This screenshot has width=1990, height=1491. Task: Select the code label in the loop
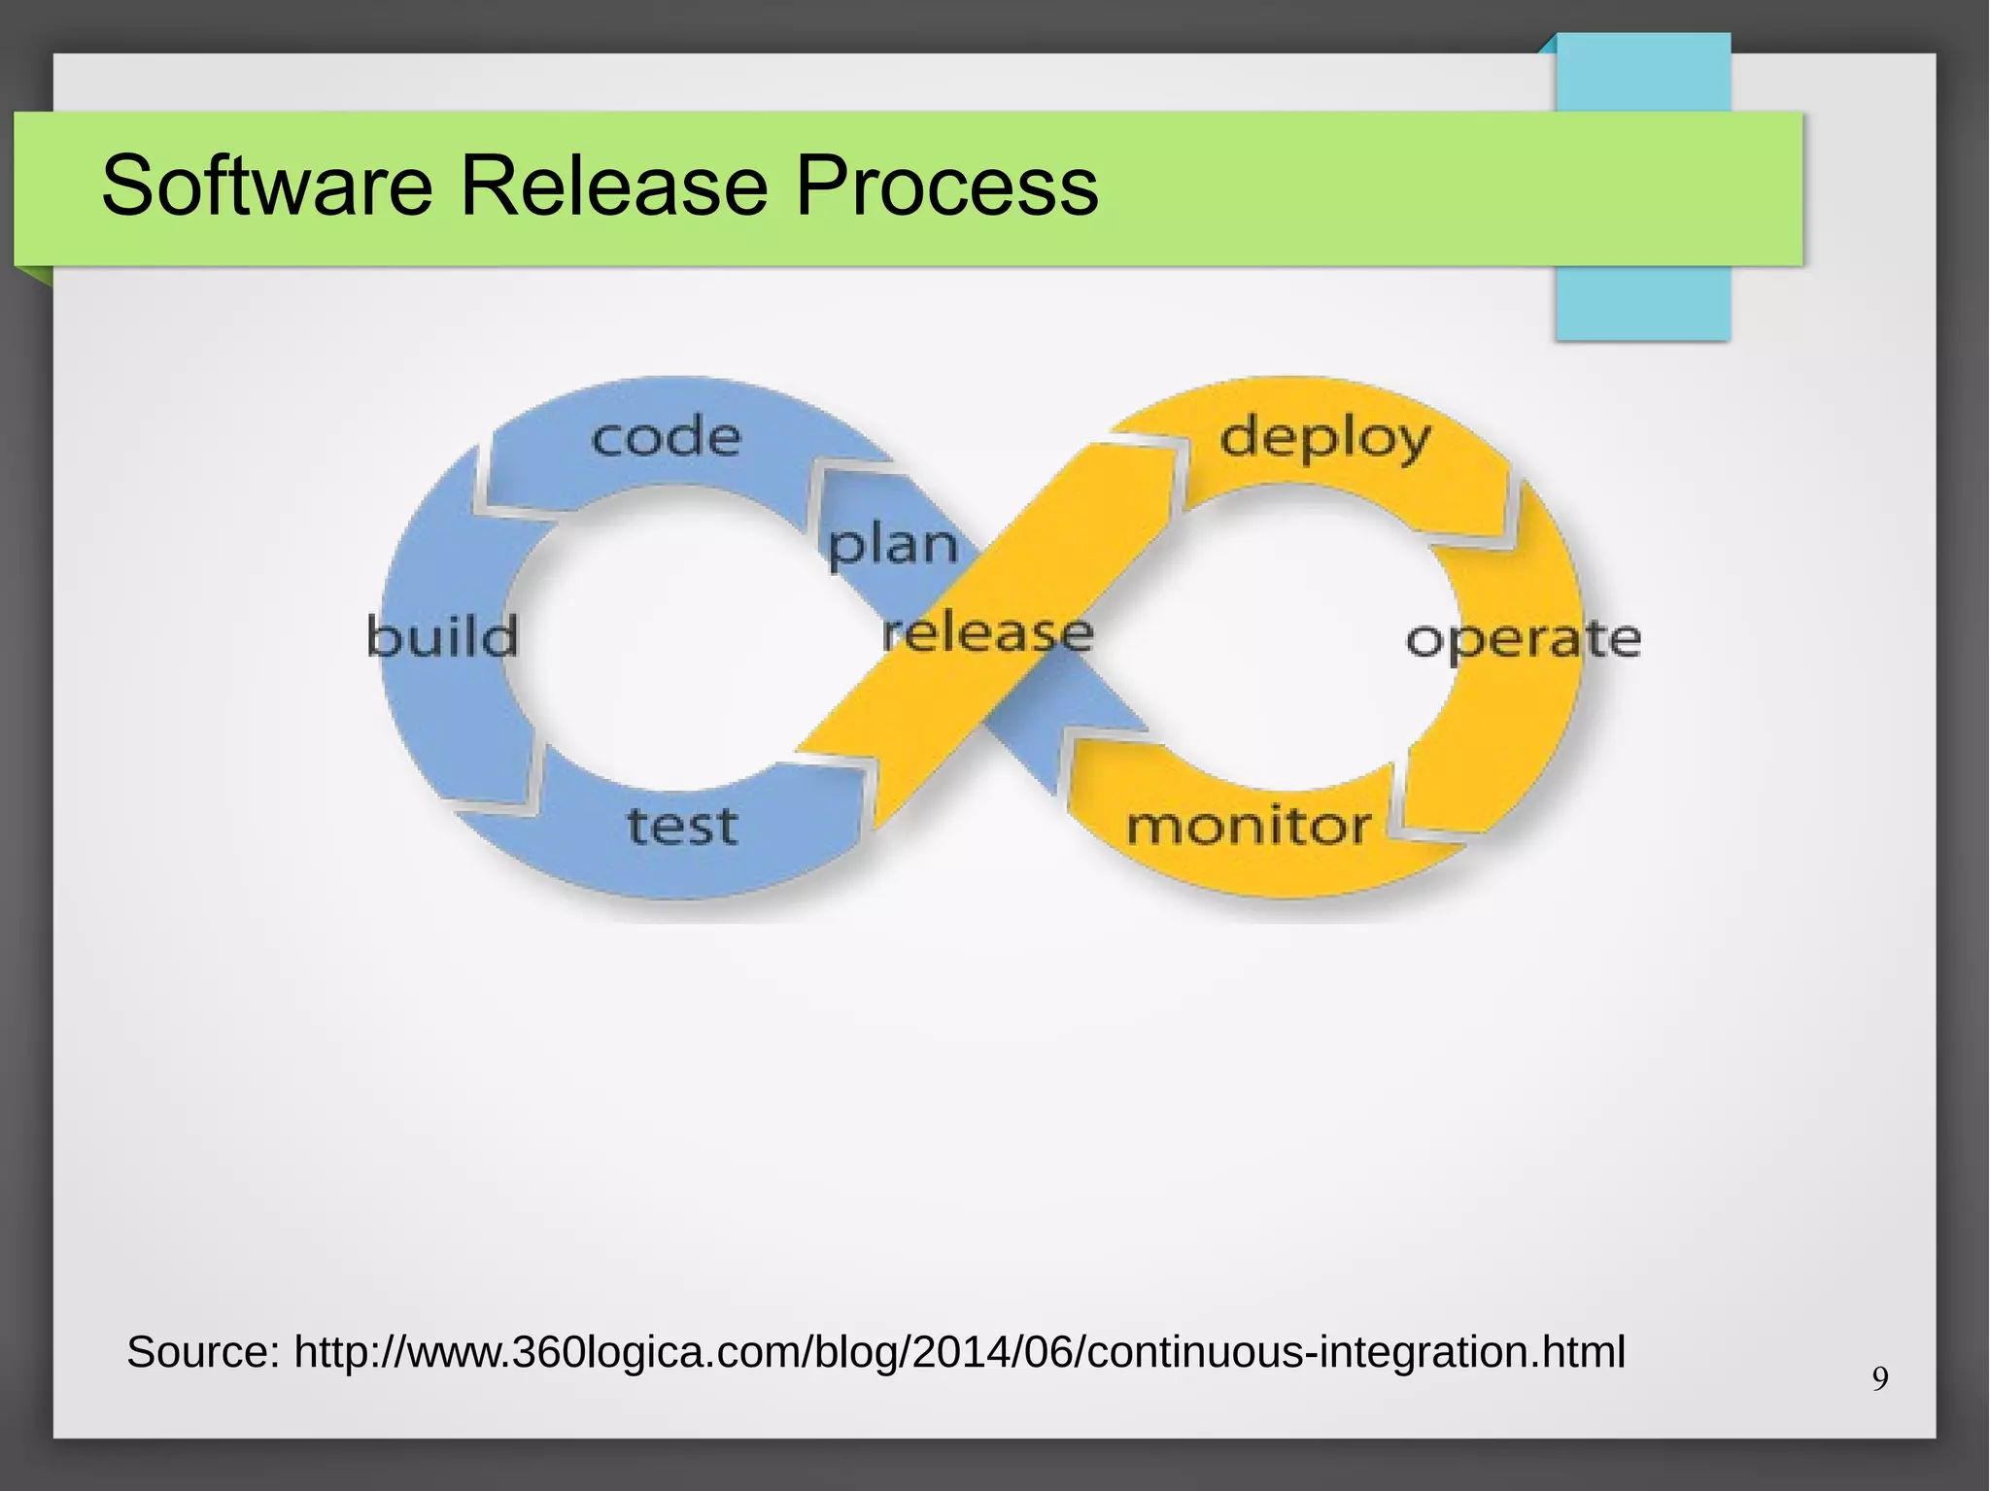[666, 437]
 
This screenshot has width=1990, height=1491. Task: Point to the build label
[443, 637]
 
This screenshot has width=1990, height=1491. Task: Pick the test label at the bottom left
[682, 826]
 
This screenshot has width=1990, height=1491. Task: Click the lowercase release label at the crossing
[987, 633]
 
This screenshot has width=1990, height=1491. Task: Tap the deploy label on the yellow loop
[1324, 439]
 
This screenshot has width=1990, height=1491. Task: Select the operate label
[1523, 639]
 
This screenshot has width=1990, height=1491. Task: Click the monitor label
[1249, 827]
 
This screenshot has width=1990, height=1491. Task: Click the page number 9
[1880, 1378]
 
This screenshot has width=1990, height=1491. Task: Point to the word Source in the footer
[202, 1352]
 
